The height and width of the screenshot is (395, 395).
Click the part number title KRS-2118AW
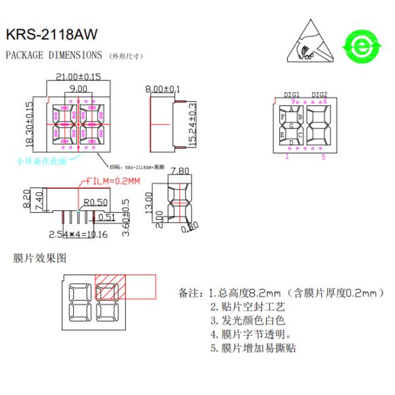click(x=51, y=34)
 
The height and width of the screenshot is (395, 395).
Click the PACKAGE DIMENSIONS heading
click(x=54, y=55)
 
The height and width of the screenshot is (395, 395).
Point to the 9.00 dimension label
click(x=78, y=88)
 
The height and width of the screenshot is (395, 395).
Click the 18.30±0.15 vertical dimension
click(x=29, y=124)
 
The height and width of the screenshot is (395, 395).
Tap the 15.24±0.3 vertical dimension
click(x=192, y=124)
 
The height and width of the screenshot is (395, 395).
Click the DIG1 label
click(x=292, y=95)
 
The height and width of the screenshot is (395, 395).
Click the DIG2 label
click(x=319, y=95)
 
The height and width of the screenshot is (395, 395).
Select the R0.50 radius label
click(x=95, y=201)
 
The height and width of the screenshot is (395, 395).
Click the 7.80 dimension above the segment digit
click(x=179, y=172)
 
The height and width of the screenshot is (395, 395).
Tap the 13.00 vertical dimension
click(x=151, y=203)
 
